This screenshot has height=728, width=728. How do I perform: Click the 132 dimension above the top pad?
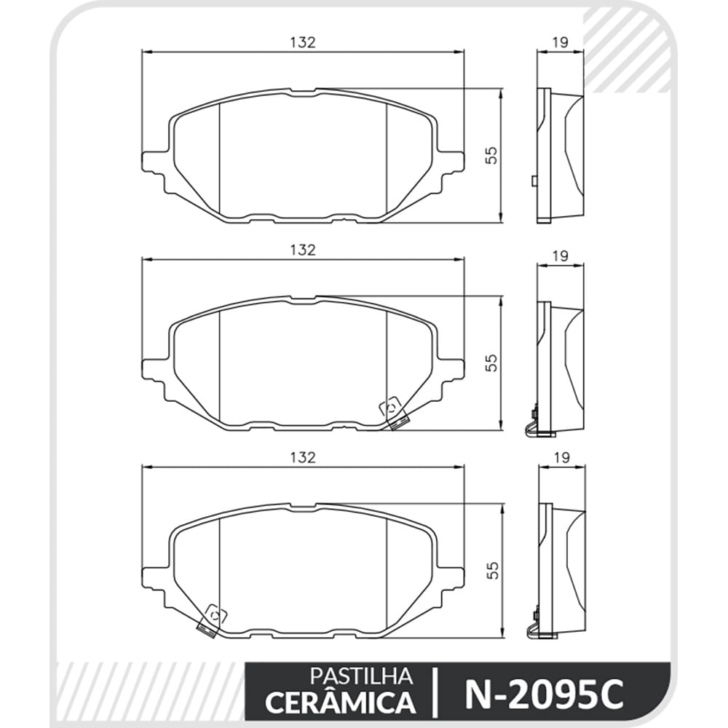303,42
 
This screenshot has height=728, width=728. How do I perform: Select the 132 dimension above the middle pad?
303,250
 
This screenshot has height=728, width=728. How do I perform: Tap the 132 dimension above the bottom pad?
303,457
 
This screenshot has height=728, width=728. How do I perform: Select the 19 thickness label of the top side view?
561,42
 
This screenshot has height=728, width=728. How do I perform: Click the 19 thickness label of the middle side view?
561,256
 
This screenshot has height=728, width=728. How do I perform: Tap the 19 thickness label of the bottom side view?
561,457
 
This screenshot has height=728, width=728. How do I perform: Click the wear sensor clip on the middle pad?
394,413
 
